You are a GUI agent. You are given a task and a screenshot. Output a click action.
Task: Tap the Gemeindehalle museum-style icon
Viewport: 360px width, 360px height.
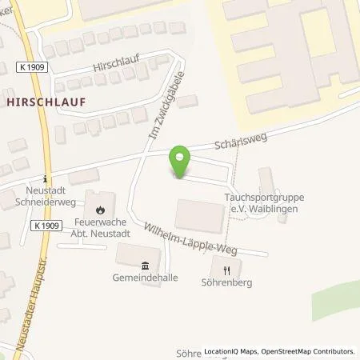(x=145, y=266)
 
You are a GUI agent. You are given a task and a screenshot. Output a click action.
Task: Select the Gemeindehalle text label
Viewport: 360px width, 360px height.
(x=145, y=279)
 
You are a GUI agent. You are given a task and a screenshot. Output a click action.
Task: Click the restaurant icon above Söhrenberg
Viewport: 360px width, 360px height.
(x=227, y=270)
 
